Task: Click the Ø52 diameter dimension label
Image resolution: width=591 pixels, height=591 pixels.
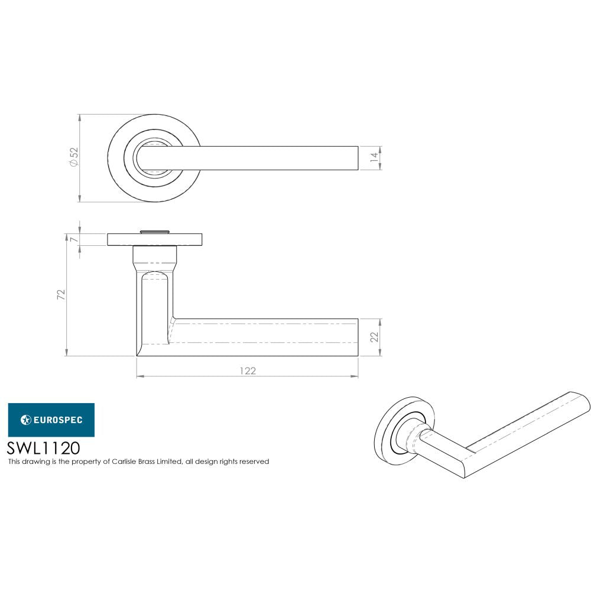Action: point(74,158)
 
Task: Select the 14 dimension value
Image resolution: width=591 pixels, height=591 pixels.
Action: point(373,158)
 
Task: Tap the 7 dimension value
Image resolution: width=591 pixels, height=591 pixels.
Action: point(73,239)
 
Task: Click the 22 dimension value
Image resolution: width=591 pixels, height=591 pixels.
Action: point(373,337)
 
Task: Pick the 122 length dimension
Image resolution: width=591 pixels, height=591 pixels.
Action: point(248,371)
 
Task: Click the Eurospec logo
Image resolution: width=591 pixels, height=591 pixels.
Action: point(51,420)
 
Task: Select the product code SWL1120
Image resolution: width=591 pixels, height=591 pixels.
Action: point(43,447)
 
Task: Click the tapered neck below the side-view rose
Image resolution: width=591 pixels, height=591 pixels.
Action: point(155,258)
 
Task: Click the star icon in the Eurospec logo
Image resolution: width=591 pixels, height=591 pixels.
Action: point(25,420)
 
